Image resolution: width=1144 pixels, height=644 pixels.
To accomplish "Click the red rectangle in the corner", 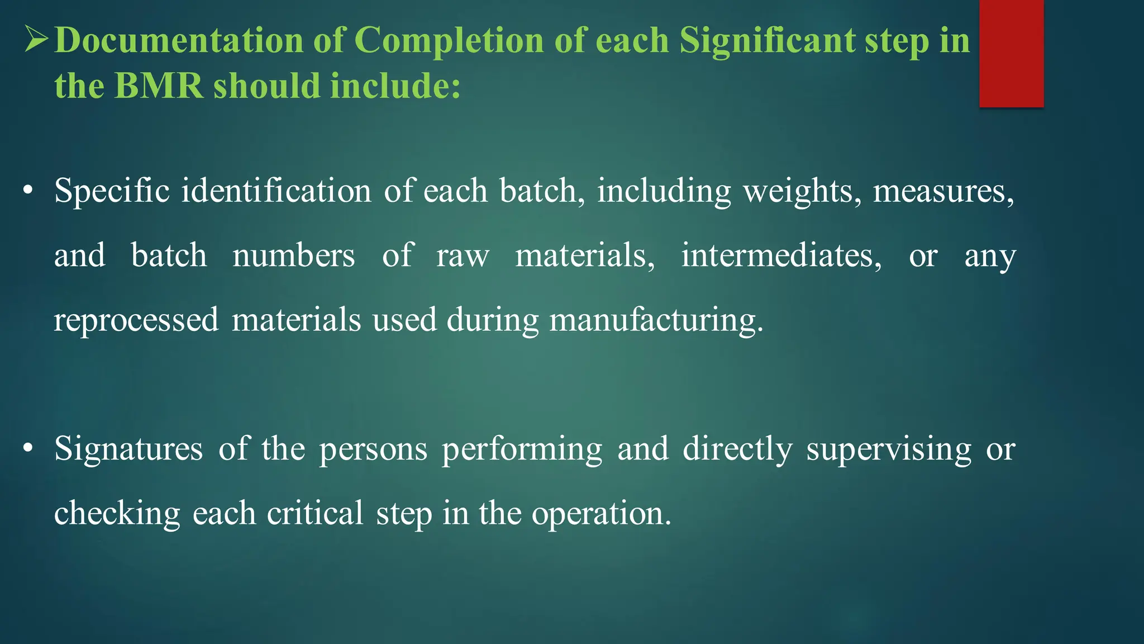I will pyautogui.click(x=1011, y=53).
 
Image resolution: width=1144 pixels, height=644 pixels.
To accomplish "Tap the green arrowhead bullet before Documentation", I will pyautogui.click(x=37, y=40).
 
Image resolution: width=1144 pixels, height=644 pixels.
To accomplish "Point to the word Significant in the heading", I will pyautogui.click(x=767, y=41).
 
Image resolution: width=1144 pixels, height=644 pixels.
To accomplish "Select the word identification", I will pyautogui.click(x=276, y=191).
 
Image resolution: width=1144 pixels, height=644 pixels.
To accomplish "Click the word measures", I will pyautogui.click(x=943, y=191).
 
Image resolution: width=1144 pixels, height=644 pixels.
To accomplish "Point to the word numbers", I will pyautogui.click(x=293, y=255).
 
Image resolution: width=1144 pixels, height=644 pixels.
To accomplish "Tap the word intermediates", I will pyautogui.click(x=781, y=255).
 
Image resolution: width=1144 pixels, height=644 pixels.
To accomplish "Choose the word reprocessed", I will pyautogui.click(x=136, y=320).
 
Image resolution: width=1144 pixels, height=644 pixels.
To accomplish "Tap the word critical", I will pyautogui.click(x=315, y=513).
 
